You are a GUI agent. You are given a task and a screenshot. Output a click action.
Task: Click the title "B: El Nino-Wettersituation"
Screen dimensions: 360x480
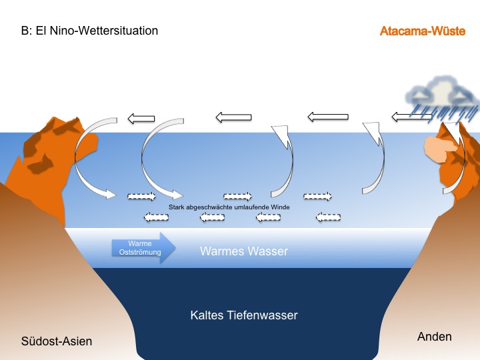pyautogui.click(x=89, y=31)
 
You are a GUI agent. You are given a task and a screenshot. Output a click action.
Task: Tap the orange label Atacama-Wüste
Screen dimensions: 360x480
pyautogui.click(x=422, y=31)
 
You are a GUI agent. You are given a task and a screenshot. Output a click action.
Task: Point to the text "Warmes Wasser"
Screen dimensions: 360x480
pyautogui.click(x=244, y=251)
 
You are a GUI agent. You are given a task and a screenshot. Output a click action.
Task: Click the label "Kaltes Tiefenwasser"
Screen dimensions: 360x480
pyautogui.click(x=243, y=315)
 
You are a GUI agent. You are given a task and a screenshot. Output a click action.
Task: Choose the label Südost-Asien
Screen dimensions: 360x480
pyautogui.click(x=56, y=341)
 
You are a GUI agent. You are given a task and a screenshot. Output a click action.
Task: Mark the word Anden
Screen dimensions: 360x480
pyautogui.click(x=434, y=337)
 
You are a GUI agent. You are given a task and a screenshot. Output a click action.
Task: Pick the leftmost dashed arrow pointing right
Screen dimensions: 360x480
pyautogui.click(x=141, y=196)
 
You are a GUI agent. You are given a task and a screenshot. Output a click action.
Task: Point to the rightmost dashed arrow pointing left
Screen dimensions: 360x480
pyautogui.click(x=328, y=217)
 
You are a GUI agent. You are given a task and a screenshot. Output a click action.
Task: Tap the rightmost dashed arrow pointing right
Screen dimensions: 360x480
pyautogui.click(x=317, y=196)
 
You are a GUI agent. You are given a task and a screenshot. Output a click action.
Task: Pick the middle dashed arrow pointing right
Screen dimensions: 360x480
pyautogui.click(x=237, y=196)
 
